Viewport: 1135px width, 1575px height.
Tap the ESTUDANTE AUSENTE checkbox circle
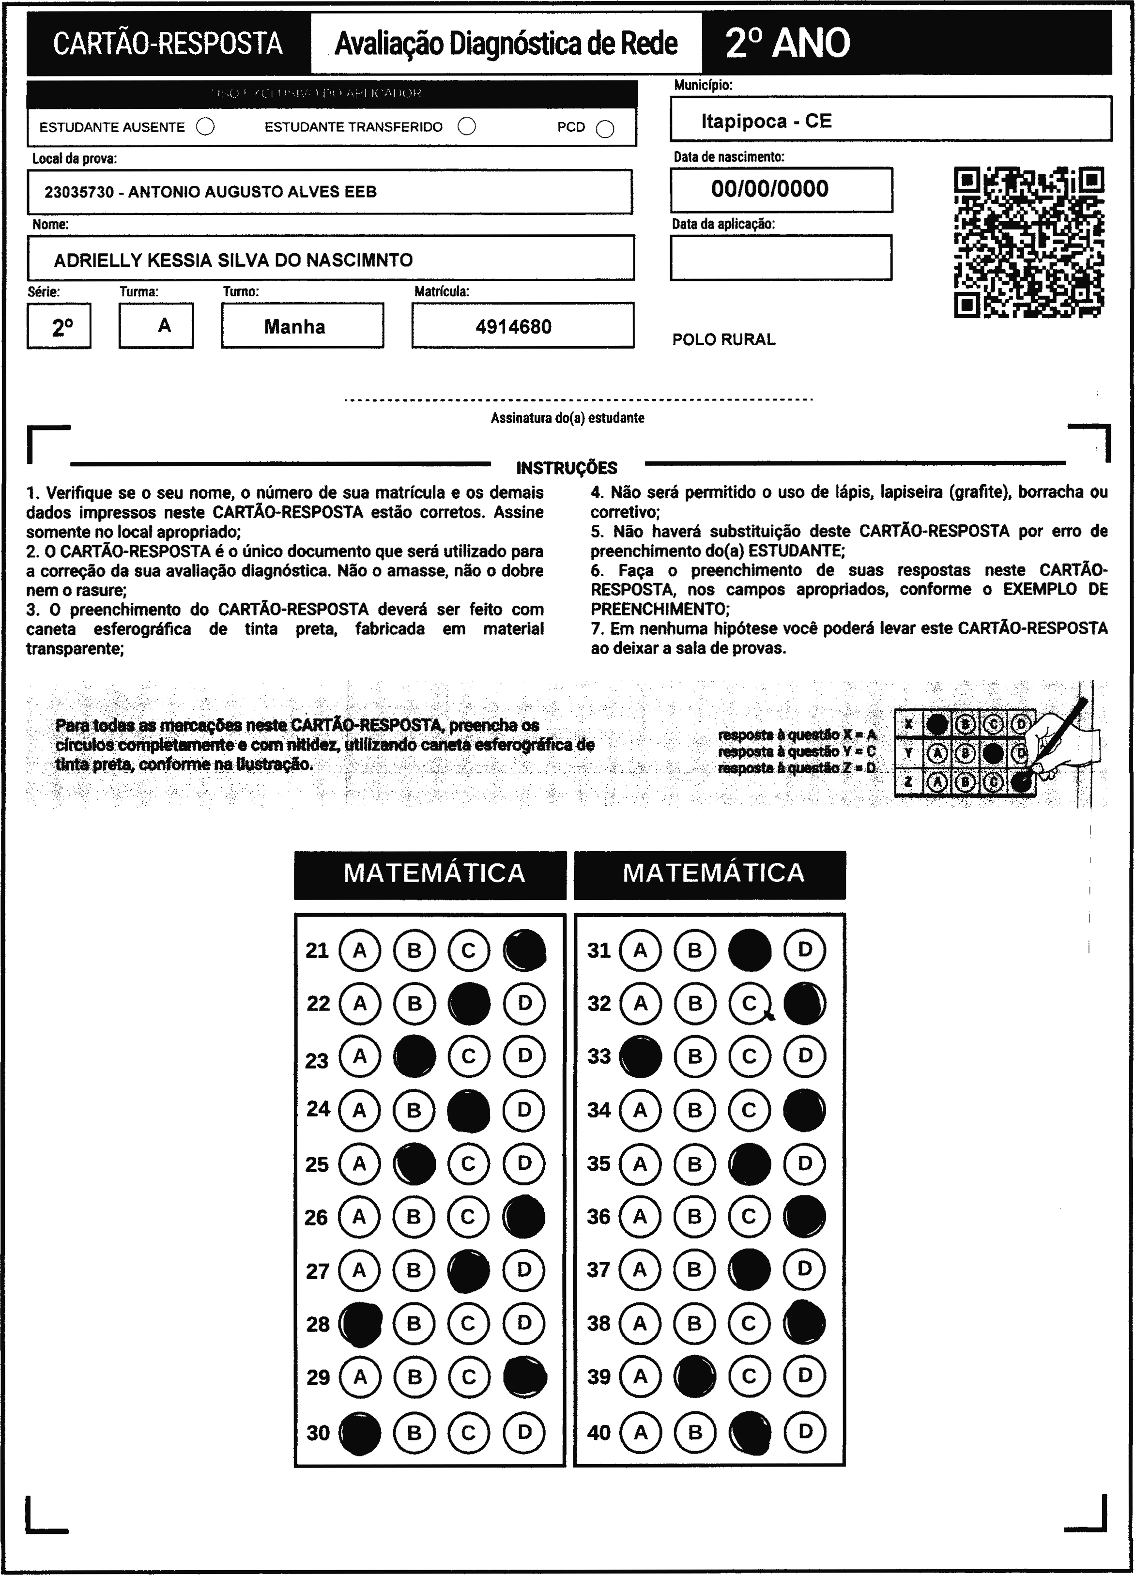tap(206, 126)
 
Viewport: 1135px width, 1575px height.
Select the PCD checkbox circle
tap(605, 129)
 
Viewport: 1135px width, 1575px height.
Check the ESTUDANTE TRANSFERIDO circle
tap(467, 126)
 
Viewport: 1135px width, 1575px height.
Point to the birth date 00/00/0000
tap(769, 189)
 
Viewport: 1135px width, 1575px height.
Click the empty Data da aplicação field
tap(781, 258)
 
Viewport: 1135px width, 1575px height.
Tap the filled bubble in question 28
tap(360, 1324)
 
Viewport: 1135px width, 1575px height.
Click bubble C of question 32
tap(749, 1004)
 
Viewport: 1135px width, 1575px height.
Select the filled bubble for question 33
tap(641, 1057)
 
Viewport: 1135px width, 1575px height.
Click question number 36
tap(599, 1217)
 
